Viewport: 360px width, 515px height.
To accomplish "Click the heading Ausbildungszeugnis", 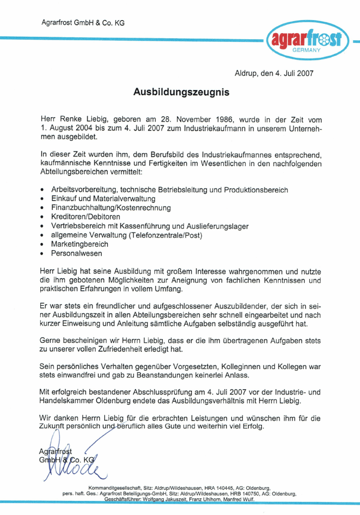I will pyautogui.click(x=181, y=92).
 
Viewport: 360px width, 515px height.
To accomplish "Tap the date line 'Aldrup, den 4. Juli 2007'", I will pyautogui.click(x=274, y=73).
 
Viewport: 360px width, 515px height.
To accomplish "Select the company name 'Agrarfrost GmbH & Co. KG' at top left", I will pyautogui.click(x=83, y=23).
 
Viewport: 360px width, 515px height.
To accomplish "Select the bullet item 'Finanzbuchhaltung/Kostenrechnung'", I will pyautogui.click(x=111, y=207).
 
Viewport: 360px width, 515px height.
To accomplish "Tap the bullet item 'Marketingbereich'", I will pyautogui.click(x=80, y=244).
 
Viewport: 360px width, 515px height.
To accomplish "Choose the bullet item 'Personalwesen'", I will pyautogui.click(x=76, y=253).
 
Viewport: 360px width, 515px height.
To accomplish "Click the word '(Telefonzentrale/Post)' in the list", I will pyautogui.click(x=165, y=235).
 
